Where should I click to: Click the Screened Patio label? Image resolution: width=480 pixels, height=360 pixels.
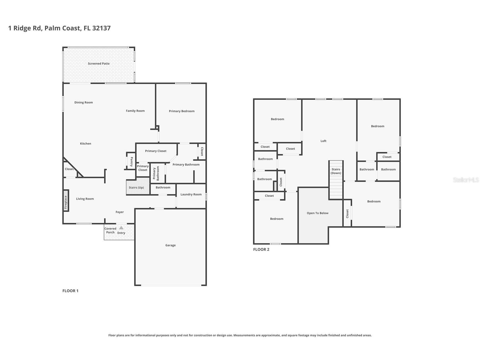click(x=99, y=64)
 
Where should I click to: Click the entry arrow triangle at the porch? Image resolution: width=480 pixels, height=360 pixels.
click(x=121, y=228)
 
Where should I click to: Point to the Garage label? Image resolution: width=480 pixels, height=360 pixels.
click(x=171, y=245)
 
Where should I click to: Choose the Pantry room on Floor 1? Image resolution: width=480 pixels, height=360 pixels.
click(x=131, y=161)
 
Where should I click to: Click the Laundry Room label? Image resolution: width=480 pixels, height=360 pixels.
click(x=191, y=194)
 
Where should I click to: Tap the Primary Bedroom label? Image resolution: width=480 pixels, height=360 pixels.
click(x=182, y=111)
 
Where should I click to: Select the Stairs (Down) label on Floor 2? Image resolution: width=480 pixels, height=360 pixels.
click(x=336, y=171)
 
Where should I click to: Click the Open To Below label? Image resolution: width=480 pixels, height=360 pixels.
click(x=318, y=213)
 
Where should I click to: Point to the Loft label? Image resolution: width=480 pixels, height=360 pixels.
click(x=324, y=141)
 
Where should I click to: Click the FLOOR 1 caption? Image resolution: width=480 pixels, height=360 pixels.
click(x=70, y=291)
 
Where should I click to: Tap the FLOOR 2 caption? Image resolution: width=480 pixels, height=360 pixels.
click(x=261, y=250)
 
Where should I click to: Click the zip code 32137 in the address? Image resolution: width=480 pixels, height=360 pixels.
click(x=101, y=28)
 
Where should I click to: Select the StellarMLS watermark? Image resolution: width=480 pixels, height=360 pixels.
click(x=466, y=180)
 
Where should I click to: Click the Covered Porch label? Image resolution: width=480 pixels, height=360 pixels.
click(x=110, y=230)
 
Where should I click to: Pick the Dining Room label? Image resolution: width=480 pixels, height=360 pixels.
click(x=84, y=102)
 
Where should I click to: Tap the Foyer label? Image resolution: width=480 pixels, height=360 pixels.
click(x=120, y=212)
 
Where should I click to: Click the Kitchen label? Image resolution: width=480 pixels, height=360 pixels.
click(x=85, y=144)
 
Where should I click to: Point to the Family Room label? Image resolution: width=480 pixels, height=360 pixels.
click(x=135, y=111)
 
